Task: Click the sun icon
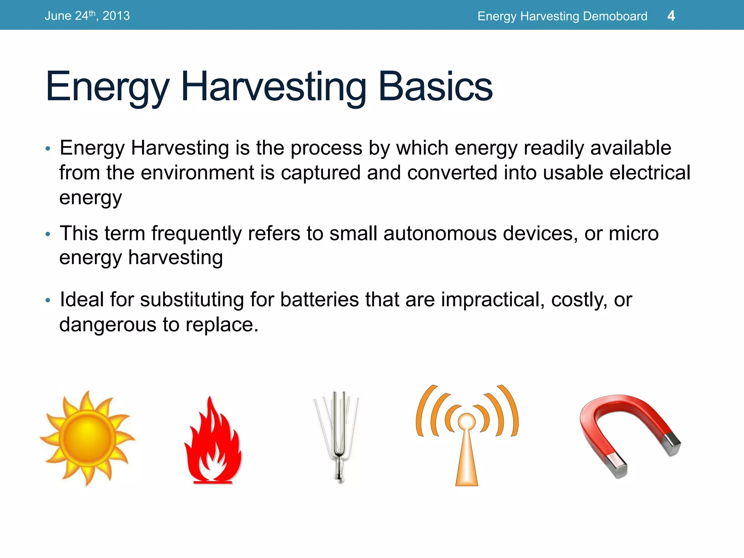pos(87,438)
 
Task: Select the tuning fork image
pos(338,436)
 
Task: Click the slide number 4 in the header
pos(671,16)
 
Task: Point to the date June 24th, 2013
pos(87,16)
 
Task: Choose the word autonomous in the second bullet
pos(440,233)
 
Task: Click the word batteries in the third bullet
pos(319,300)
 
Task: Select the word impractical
pos(493,300)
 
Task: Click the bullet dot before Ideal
pos(48,300)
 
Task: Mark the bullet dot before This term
pos(48,234)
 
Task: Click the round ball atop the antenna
pos(466,421)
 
